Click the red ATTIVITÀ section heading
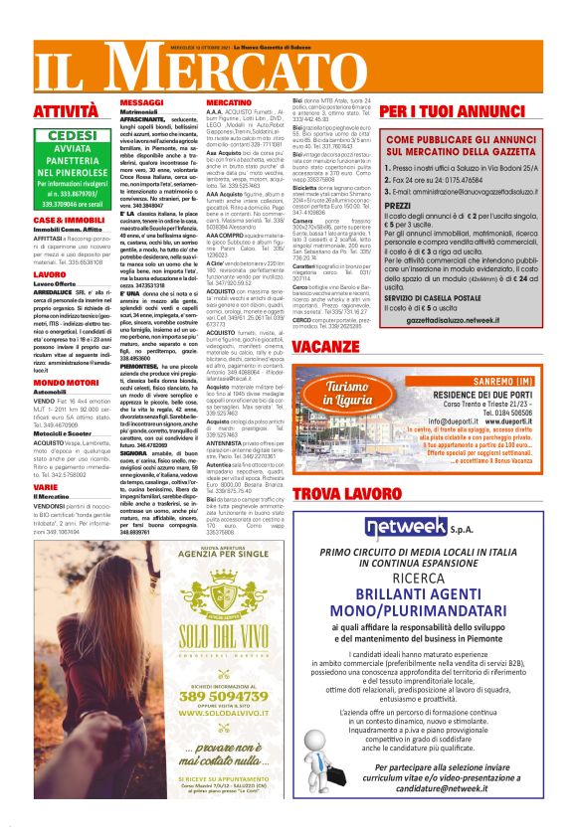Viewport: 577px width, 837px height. [66, 111]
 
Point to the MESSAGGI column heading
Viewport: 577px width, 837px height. [140, 102]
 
